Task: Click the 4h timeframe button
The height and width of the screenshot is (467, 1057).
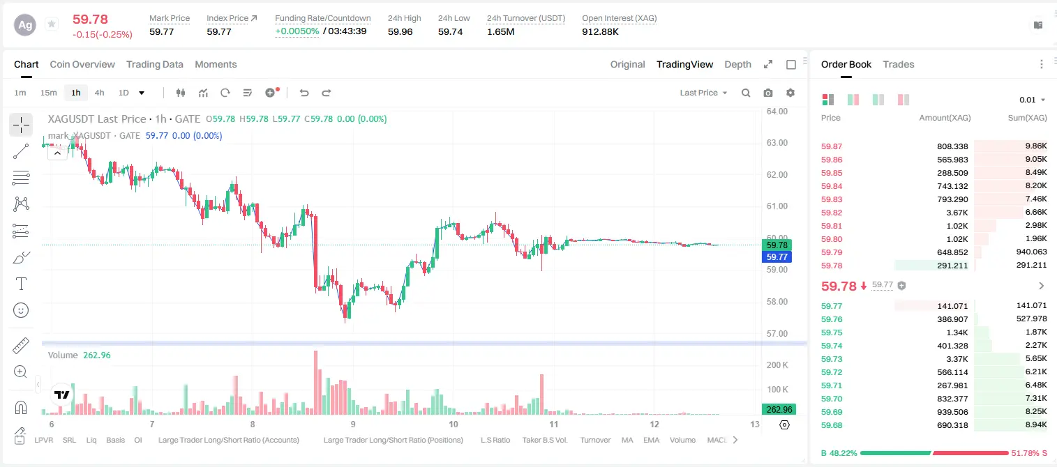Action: pos(99,93)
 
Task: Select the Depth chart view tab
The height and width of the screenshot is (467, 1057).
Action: pos(737,64)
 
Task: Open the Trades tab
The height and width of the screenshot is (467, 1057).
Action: pos(899,64)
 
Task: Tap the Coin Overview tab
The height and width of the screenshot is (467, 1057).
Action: pos(82,64)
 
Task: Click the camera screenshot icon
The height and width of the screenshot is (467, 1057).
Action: pos(768,93)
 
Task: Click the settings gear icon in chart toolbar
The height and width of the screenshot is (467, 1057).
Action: pos(790,93)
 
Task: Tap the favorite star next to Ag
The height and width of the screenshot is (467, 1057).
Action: pos(52,24)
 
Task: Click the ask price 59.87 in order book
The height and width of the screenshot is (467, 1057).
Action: pos(832,146)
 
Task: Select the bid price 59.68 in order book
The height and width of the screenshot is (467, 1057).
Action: pos(832,425)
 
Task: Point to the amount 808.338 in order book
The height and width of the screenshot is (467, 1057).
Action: pos(952,146)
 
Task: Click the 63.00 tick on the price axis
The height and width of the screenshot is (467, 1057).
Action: pos(777,143)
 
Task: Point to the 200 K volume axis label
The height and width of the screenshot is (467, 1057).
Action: pos(777,365)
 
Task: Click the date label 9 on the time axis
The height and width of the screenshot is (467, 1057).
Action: pos(353,424)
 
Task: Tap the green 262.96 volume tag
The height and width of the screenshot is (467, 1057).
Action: pos(779,410)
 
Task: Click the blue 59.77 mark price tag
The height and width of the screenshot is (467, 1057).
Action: pos(777,257)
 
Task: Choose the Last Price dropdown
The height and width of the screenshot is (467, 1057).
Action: pos(703,93)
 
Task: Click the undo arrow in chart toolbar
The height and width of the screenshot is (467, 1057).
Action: pos(304,93)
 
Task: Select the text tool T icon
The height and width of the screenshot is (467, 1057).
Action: pos(21,284)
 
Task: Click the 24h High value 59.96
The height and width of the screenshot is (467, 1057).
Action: pos(400,31)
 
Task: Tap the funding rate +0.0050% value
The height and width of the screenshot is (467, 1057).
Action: pos(297,31)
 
